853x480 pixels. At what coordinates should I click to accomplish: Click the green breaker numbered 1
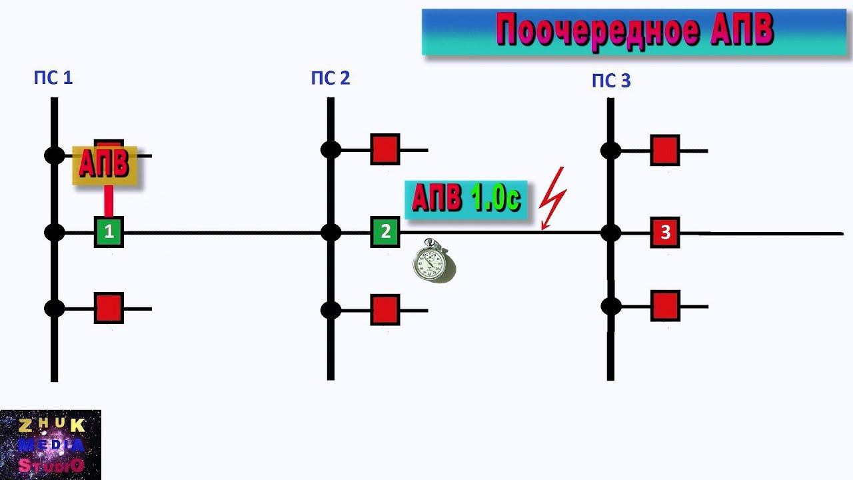point(109,232)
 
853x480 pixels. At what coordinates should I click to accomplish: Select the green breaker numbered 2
point(385,232)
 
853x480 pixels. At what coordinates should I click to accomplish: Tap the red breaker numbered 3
point(665,233)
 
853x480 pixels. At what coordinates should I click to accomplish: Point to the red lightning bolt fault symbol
point(554,197)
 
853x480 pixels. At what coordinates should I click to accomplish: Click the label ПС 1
point(53,78)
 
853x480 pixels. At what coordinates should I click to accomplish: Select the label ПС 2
point(330,79)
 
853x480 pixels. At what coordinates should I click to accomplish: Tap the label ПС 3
point(610,81)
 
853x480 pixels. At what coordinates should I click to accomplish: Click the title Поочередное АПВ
point(634,31)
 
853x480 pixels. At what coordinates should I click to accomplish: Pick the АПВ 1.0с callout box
point(465,199)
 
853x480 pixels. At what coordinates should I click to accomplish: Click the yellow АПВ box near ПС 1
point(105,165)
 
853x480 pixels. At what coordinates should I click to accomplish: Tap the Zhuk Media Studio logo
point(51,445)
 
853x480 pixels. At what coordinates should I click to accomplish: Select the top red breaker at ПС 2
point(385,149)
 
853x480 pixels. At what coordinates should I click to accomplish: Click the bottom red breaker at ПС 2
point(385,309)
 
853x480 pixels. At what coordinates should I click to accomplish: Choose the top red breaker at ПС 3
point(665,150)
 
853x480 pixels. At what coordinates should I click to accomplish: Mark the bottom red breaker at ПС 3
point(665,305)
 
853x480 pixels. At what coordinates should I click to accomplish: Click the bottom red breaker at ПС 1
point(109,308)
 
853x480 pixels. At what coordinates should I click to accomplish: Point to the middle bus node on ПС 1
point(55,232)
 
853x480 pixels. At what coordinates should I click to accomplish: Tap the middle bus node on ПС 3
point(610,233)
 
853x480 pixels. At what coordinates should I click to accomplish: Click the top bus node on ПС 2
point(331,149)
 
